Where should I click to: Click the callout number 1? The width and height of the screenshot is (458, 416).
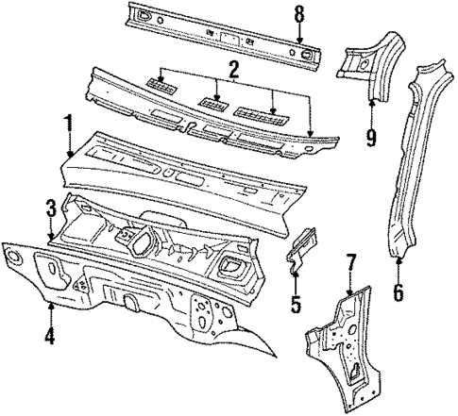click(67, 123)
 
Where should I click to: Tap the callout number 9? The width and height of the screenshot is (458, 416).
click(372, 139)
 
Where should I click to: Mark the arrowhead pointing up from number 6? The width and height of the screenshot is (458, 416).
click(399, 258)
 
